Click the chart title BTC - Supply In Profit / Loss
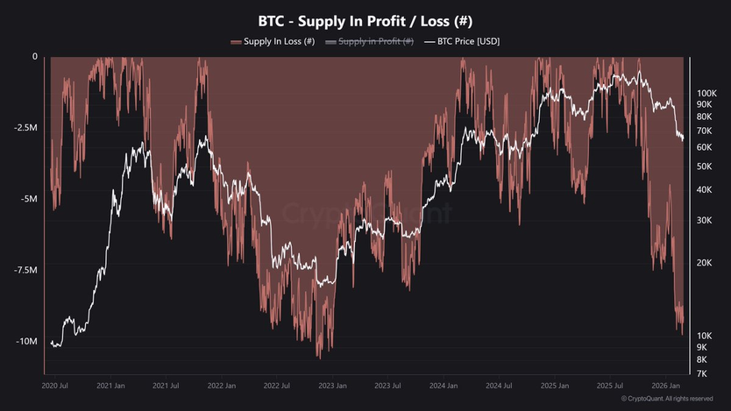click(x=365, y=20)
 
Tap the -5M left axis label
click(x=28, y=199)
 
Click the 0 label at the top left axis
click(x=35, y=56)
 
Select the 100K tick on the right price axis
click(x=706, y=92)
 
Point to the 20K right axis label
click(x=704, y=263)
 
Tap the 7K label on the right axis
click(x=702, y=374)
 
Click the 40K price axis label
click(x=704, y=189)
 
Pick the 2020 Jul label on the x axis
click(x=55, y=386)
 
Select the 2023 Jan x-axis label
click(x=331, y=386)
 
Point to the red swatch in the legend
click(x=236, y=41)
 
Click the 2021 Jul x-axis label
click(x=166, y=386)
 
